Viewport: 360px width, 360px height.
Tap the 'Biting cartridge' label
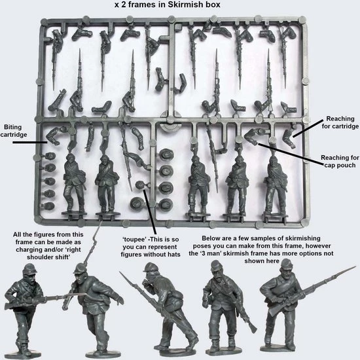(13, 131)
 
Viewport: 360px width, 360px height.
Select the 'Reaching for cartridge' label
(340, 122)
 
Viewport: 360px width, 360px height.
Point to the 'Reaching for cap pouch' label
(340, 162)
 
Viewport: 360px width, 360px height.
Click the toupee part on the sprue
(140, 185)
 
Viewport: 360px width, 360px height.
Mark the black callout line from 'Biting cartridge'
(29, 142)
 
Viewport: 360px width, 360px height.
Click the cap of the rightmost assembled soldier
(287, 263)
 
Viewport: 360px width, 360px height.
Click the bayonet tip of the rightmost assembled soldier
(355, 267)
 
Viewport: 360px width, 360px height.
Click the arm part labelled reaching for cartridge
(288, 138)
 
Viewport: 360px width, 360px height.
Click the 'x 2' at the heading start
(120, 5)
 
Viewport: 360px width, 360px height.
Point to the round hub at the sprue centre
(170, 120)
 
